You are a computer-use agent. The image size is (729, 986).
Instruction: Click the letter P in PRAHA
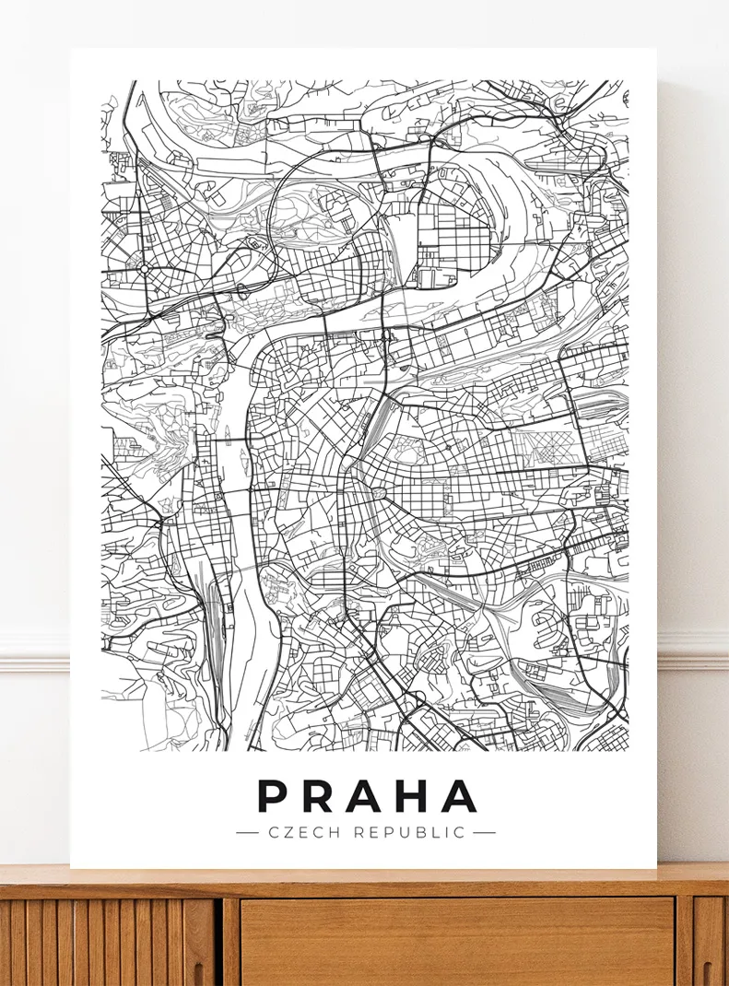tap(273, 796)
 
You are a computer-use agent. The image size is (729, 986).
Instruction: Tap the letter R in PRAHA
tap(319, 796)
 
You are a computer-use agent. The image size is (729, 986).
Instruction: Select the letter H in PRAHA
tap(412, 796)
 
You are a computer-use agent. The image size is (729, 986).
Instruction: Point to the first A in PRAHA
tap(365, 796)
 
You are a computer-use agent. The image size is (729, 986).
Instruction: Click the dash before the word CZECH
tap(247, 832)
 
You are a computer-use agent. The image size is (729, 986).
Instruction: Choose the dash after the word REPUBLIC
tap(484, 832)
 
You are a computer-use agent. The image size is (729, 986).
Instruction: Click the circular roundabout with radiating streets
tap(144, 268)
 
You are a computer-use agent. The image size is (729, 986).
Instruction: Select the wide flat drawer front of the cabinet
tap(456, 940)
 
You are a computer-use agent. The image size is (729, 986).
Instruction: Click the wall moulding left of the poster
tap(34, 649)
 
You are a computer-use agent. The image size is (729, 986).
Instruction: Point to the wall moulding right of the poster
tap(692, 649)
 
